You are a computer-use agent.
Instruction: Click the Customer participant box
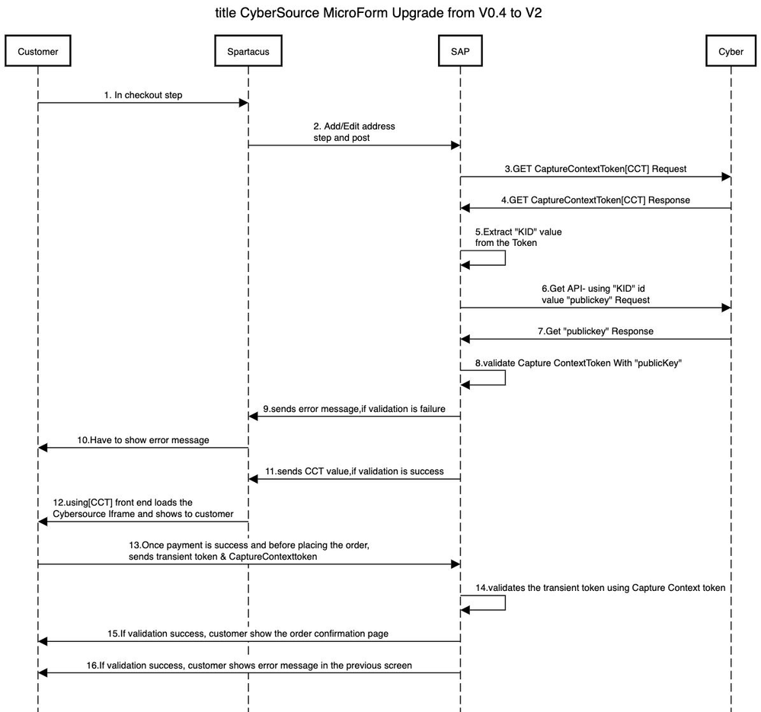[x=38, y=51]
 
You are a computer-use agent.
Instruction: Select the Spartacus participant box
[x=248, y=51]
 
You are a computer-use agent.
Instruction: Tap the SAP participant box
[x=460, y=51]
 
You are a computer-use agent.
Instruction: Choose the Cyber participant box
[x=731, y=51]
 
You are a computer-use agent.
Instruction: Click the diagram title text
[x=379, y=13]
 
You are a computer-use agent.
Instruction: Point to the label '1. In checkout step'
[x=143, y=95]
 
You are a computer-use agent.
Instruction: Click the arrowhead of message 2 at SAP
[x=456, y=145]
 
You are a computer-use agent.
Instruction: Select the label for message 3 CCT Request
[x=596, y=169]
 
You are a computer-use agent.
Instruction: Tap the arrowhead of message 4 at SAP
[x=465, y=208]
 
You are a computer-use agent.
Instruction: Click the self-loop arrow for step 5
[x=505, y=258]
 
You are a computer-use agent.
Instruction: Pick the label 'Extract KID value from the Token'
[x=518, y=237]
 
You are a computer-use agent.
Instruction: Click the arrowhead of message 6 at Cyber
[x=726, y=308]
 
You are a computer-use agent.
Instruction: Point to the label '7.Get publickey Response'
[x=596, y=331]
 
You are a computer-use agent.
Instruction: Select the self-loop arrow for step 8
[x=505, y=378]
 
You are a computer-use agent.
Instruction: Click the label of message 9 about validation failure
[x=354, y=409]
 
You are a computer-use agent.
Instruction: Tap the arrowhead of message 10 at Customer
[x=43, y=448]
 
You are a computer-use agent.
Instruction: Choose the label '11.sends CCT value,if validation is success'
[x=354, y=471]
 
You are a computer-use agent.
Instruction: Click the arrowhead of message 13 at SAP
[x=456, y=564]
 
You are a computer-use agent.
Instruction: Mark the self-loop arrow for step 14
[x=505, y=603]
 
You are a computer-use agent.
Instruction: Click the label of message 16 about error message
[x=249, y=666]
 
